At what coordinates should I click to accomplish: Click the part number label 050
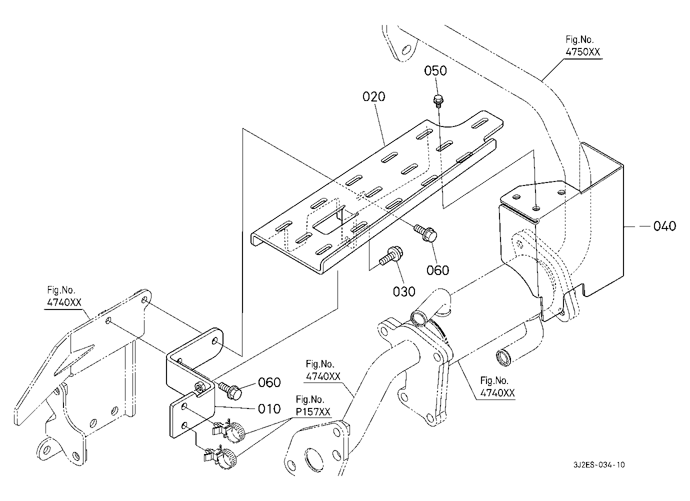tap(435, 71)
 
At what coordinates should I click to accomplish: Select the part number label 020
tap(374, 96)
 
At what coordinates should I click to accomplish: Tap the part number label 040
tap(664, 226)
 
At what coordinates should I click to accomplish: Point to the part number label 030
tap(403, 291)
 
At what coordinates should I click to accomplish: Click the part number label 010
tap(269, 408)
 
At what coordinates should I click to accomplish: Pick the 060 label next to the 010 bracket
tap(269, 382)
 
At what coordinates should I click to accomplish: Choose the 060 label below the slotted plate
tap(438, 270)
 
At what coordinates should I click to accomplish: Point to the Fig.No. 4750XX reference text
tap(582, 46)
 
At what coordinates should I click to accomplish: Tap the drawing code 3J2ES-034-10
tap(599, 465)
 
